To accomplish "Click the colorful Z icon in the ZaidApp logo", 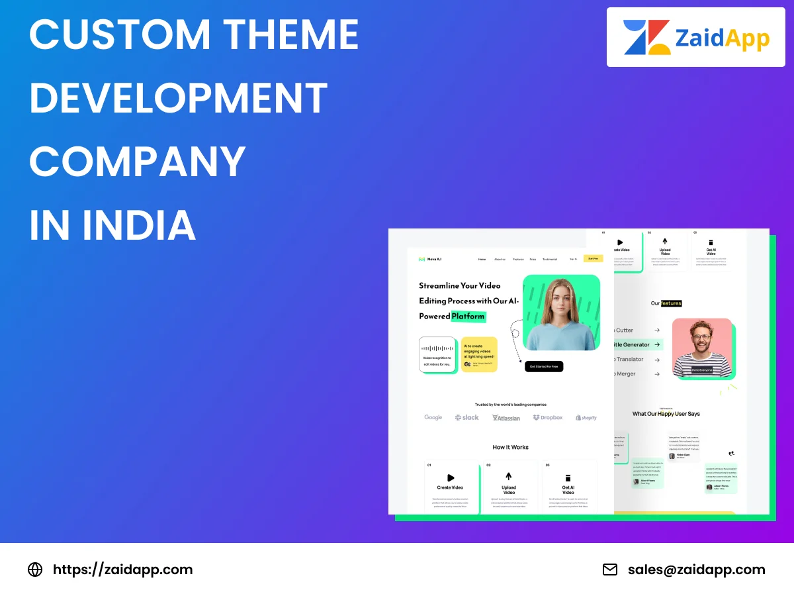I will coord(646,37).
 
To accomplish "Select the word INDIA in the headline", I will coord(139,225).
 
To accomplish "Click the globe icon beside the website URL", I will coord(35,570).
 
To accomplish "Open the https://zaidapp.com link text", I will coord(122,570).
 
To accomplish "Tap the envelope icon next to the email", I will coord(609,570).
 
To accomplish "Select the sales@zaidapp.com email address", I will coord(696,570).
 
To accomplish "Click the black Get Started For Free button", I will coord(544,366).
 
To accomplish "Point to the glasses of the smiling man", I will coord(703,337).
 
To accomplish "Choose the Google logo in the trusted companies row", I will coord(433,417).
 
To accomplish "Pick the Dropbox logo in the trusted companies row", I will coord(548,417).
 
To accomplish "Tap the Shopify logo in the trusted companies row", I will coord(586,418).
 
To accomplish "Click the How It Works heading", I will coord(510,447).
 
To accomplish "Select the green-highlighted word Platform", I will coord(468,317).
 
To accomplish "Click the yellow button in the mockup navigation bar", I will coord(593,259).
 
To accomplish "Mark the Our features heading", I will coord(666,303).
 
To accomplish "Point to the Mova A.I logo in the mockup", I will coord(431,260).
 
